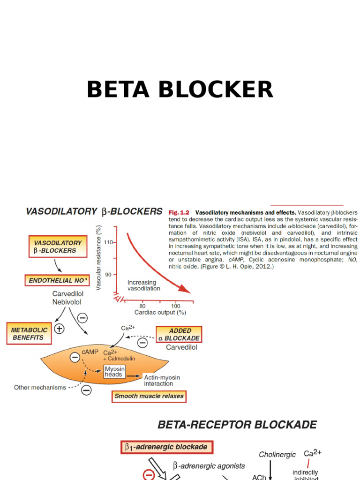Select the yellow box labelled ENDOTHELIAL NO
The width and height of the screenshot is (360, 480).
pyautogui.click(x=57, y=280)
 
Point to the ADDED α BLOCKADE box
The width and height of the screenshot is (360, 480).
pyautogui.click(x=179, y=334)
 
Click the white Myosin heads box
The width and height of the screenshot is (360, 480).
pyautogui.click(x=114, y=372)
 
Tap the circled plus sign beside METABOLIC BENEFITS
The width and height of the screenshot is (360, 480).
pyautogui.click(x=59, y=329)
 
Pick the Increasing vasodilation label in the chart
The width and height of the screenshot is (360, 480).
pyautogui.click(x=144, y=285)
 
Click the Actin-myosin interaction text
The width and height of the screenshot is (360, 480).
pyautogui.click(x=162, y=380)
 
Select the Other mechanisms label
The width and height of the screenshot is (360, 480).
pyautogui.click(x=40, y=388)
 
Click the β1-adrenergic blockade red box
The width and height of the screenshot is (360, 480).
pyautogui.click(x=167, y=447)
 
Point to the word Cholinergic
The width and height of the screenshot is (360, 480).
pyautogui.click(x=277, y=454)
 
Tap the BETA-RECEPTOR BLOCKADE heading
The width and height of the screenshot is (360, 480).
pyautogui.click(x=237, y=425)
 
